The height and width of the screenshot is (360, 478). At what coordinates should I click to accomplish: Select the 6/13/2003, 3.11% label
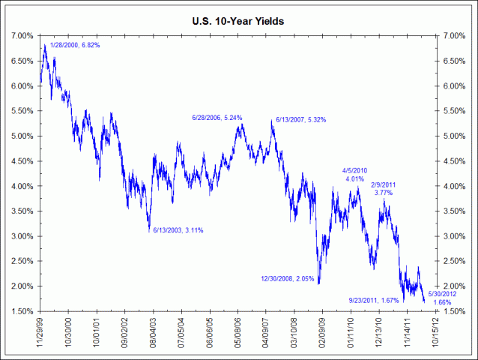pyautogui.click(x=178, y=230)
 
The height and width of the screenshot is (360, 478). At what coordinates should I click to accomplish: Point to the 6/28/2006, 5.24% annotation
pyautogui.click(x=217, y=118)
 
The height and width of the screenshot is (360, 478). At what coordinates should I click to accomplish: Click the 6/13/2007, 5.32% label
pyautogui.click(x=300, y=119)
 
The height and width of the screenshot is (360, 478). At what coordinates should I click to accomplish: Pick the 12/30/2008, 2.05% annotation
pyautogui.click(x=286, y=278)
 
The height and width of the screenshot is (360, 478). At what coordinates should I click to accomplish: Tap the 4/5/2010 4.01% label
pyautogui.click(x=354, y=174)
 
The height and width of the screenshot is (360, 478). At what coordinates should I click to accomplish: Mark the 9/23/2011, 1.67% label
pyautogui.click(x=375, y=300)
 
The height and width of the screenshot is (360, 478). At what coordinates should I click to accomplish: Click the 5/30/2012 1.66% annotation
pyautogui.click(x=441, y=298)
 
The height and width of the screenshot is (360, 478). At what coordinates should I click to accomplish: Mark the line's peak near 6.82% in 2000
pyautogui.click(x=46, y=45)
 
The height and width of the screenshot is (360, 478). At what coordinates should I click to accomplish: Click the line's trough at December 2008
pyautogui.click(x=319, y=283)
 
